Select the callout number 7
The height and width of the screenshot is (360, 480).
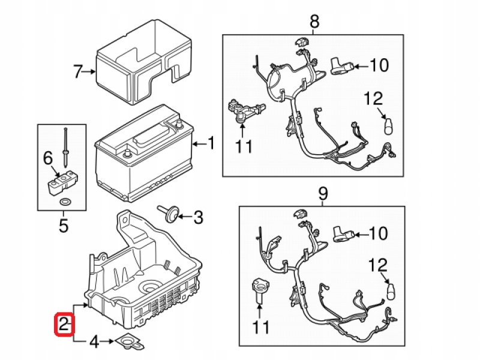[x=77, y=73]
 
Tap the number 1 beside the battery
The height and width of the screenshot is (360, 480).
[x=210, y=143]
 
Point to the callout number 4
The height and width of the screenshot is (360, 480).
[x=93, y=343]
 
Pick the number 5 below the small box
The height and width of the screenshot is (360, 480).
[x=64, y=226]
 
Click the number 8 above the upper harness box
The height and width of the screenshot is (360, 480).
[x=314, y=22]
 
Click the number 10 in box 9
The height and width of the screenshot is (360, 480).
[x=378, y=233]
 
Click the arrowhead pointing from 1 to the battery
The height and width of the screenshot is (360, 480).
[x=194, y=144]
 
